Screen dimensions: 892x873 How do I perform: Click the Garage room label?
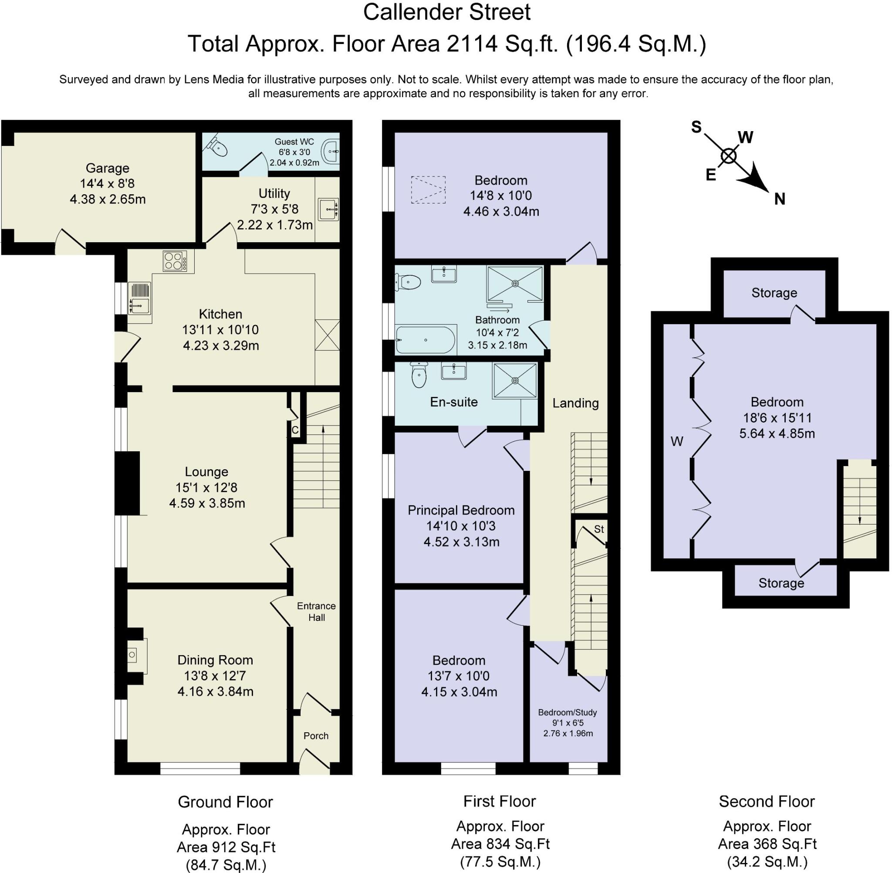pos(107,168)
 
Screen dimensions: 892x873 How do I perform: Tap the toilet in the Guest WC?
pos(217,146)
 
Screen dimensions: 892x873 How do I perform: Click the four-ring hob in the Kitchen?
pos(175,262)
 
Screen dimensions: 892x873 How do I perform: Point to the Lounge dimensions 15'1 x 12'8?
pos(206,487)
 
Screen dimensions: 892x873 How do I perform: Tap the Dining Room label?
pos(215,660)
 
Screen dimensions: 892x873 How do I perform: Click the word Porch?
pos(316,736)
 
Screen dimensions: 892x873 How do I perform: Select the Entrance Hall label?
pos(316,612)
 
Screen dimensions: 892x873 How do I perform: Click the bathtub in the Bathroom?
pos(426,340)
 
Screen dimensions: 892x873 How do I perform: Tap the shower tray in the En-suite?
pos(515,381)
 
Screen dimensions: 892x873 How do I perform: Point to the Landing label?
pos(575,403)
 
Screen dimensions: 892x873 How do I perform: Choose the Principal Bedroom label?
pos(461,510)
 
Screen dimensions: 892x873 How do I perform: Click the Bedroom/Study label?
pos(568,713)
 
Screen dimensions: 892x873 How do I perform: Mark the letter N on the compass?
pos(780,199)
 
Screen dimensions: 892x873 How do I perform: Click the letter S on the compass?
pos(696,127)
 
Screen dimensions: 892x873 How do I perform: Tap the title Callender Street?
pos(447,12)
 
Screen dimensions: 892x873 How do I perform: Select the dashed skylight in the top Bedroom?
pos(428,190)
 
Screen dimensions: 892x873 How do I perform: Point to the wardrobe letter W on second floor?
pos(677,441)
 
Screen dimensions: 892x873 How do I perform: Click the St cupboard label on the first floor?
pos(598,529)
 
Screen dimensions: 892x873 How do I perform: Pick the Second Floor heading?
pos(767,801)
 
